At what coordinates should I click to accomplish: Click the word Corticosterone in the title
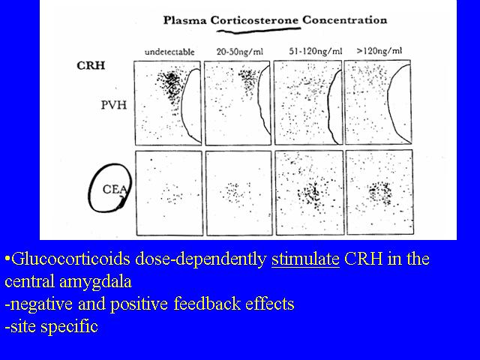pos(254,20)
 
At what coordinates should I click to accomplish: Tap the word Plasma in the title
pos(184,20)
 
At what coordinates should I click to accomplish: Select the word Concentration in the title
pos(345,20)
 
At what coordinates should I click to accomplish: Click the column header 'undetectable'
pos(169,52)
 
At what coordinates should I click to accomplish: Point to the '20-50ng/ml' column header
pos(240,52)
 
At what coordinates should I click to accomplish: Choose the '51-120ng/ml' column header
pos(315,51)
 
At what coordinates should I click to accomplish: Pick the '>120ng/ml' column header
pos(379,50)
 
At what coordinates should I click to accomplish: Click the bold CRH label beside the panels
pos(91,65)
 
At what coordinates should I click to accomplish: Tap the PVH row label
pos(114,105)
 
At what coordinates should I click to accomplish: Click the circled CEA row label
pos(115,189)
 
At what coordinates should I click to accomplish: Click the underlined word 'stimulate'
pos(305,259)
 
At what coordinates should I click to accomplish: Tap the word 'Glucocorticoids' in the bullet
pos(71,259)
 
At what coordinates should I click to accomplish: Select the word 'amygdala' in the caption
pos(95,282)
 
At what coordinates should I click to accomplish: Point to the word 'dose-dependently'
pos(201,259)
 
